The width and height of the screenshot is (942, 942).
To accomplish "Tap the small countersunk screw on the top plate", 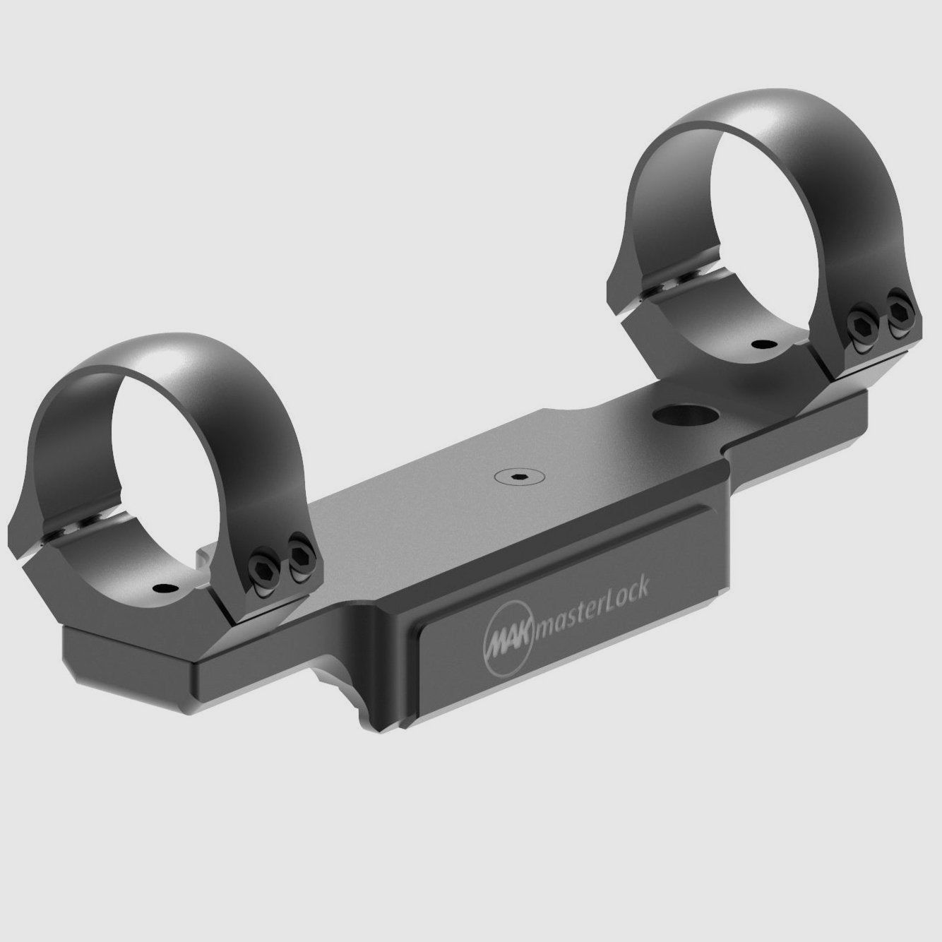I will point(514,477).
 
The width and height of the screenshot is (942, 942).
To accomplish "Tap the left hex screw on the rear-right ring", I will point(862,326).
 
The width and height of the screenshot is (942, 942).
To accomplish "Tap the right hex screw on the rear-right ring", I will point(900,318).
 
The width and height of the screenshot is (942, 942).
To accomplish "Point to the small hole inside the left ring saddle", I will point(164,588).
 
